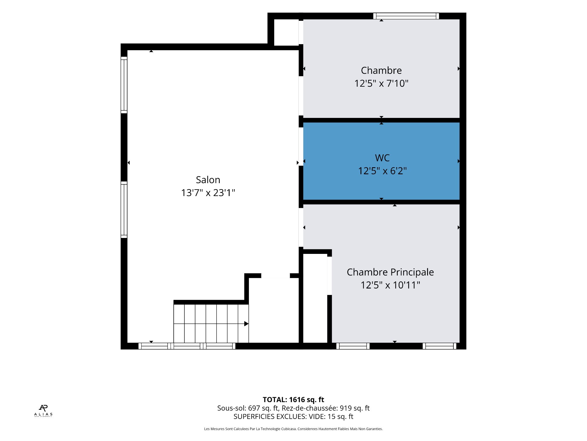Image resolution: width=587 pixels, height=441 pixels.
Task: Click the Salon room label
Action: pyautogui.click(x=208, y=180)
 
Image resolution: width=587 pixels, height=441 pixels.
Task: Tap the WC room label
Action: pyautogui.click(x=382, y=158)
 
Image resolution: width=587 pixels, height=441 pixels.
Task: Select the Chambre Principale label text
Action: pyautogui.click(x=390, y=272)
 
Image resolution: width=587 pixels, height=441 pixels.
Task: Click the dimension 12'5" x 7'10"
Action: pyautogui.click(x=381, y=83)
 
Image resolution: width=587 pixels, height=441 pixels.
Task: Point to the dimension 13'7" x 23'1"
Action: pyautogui.click(x=208, y=193)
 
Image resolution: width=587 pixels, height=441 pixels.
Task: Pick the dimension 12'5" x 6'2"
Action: pyautogui.click(x=382, y=171)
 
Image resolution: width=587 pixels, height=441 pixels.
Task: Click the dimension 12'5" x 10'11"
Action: pyautogui.click(x=390, y=285)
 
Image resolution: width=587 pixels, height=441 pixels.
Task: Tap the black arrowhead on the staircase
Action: pyautogui.click(x=246, y=324)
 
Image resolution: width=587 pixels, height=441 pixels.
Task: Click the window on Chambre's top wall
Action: pyautogui.click(x=406, y=16)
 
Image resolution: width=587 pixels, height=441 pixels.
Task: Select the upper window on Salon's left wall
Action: pyautogui.click(x=124, y=85)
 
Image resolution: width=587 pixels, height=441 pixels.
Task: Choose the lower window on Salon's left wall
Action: pyautogui.click(x=124, y=210)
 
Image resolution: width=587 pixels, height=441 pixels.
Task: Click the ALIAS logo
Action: pyautogui.click(x=43, y=411)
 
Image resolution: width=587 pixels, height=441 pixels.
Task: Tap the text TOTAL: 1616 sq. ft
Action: pyautogui.click(x=293, y=400)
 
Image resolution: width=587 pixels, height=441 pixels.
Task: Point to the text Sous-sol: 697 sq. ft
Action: pyautogui.click(x=248, y=408)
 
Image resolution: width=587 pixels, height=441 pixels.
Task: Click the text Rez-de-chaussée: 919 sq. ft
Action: pyautogui.click(x=326, y=408)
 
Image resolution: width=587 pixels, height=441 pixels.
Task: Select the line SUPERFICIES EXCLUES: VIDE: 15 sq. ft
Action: pyautogui.click(x=293, y=417)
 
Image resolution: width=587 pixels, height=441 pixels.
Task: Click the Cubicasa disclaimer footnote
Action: pyautogui.click(x=293, y=429)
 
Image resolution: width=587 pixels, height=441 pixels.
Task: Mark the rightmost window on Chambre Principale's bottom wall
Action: pyautogui.click(x=439, y=346)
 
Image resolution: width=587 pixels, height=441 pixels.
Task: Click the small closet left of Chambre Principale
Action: pyautogui.click(x=315, y=298)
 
